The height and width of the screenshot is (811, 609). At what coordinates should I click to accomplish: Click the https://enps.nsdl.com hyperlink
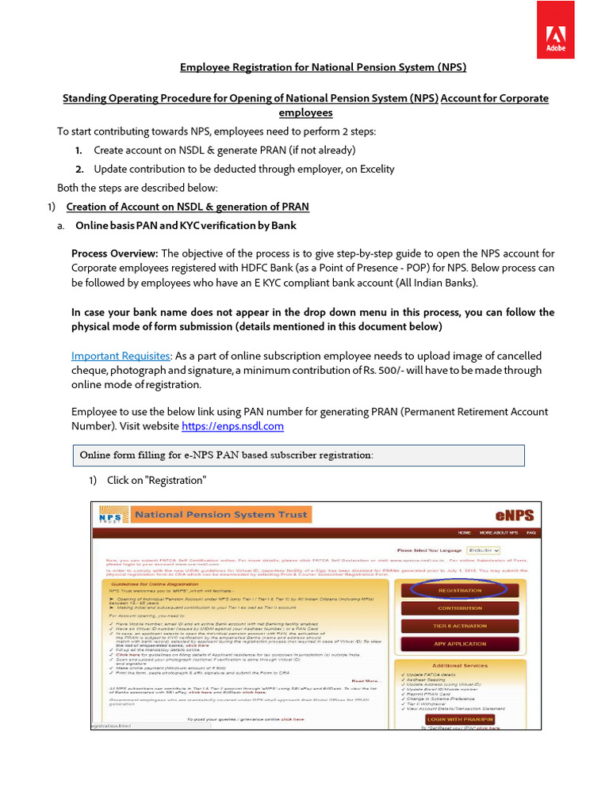coord(232,427)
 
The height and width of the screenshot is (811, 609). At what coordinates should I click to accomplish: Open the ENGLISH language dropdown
coord(483,550)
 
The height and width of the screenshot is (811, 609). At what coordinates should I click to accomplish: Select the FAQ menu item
coord(530,533)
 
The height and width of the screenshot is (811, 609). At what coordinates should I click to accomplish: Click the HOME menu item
coord(464,533)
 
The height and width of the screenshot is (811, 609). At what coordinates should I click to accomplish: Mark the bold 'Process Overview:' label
coord(115,253)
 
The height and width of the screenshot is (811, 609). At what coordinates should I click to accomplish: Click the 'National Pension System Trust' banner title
coord(221,515)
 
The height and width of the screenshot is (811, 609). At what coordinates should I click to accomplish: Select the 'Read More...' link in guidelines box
coord(366,680)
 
